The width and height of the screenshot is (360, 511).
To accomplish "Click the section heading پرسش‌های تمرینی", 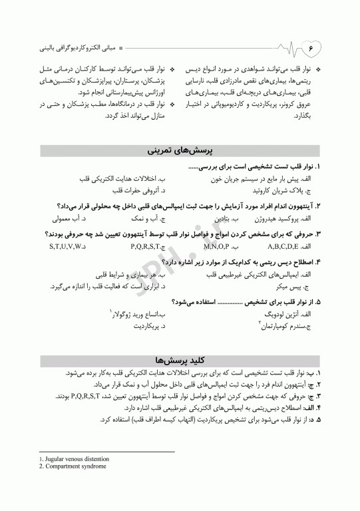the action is point(180,152).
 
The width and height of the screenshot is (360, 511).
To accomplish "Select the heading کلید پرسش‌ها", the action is point(180,360).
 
